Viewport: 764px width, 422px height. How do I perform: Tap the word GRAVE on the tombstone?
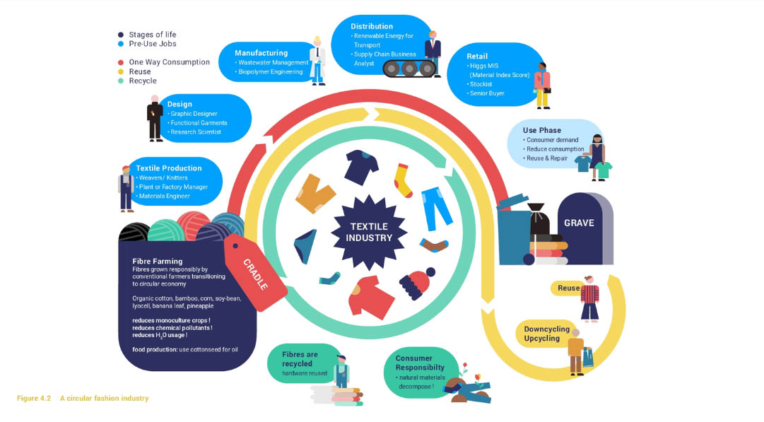pyautogui.click(x=579, y=223)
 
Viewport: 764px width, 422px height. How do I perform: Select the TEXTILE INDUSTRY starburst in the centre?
pyautogui.click(x=369, y=233)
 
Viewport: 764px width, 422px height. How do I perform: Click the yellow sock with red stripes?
pyautogui.click(x=403, y=180)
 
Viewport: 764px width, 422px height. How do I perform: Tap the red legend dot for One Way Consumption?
pyautogui.click(x=121, y=62)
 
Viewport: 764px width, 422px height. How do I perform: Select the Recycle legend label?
pyautogui.click(x=143, y=81)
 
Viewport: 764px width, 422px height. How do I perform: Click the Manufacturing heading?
pyautogui.click(x=261, y=52)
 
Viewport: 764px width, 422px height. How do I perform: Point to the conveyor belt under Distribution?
pyautogui.click(x=409, y=69)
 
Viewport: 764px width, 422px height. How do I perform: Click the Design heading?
pyautogui.click(x=180, y=104)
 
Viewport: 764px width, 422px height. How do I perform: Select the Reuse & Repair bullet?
pyautogui.click(x=545, y=158)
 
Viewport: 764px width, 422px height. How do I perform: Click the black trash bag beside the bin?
pyautogui.click(x=539, y=219)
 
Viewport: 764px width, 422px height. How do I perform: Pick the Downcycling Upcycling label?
pyautogui.click(x=547, y=334)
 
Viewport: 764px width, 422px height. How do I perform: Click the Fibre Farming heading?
pyautogui.click(x=158, y=262)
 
